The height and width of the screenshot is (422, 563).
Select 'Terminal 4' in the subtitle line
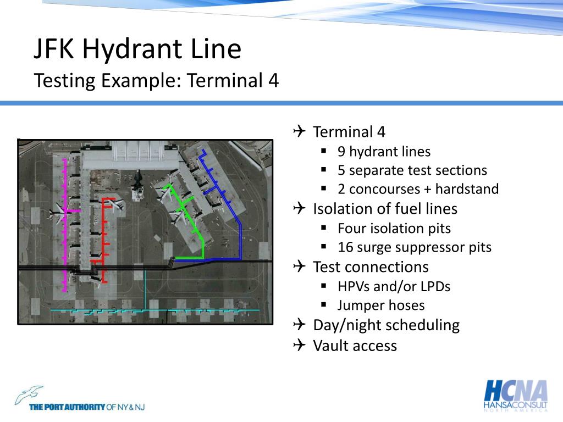pyautogui.click(x=233, y=81)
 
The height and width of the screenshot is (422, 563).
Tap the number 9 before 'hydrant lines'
pyautogui.click(x=341, y=152)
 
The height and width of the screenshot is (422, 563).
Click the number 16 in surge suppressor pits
pyautogui.click(x=345, y=247)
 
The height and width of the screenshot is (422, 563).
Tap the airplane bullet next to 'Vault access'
pyautogui.click(x=299, y=345)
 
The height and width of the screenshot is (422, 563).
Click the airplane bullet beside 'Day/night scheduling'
pyautogui.click(x=299, y=325)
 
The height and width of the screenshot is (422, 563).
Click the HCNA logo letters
pyautogui.click(x=515, y=391)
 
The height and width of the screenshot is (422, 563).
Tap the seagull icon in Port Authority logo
pyautogui.click(x=29, y=395)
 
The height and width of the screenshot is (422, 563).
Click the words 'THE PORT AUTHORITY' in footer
pyautogui.click(x=67, y=407)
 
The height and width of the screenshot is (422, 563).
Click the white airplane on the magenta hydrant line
pyautogui.click(x=58, y=210)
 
